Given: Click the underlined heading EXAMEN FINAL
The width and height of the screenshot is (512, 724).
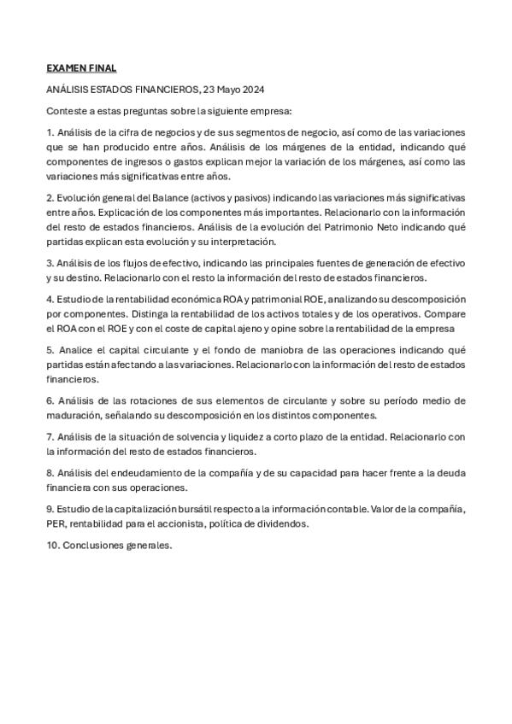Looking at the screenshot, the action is tap(81, 68).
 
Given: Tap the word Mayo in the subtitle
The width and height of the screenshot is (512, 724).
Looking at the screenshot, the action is tap(225, 90).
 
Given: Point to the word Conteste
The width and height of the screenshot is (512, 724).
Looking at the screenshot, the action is tap(67, 111).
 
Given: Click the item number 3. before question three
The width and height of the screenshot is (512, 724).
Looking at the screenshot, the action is tap(50, 264).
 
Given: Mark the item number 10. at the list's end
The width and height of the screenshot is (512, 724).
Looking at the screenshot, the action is tap(53, 546).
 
